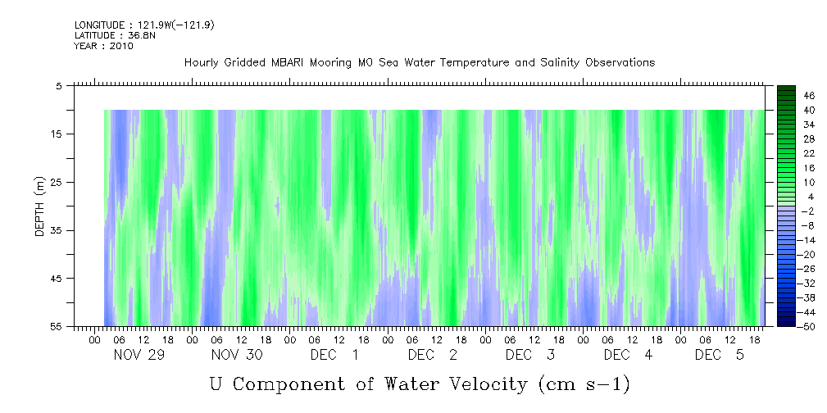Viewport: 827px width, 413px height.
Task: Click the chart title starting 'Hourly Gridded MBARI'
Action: (x=419, y=62)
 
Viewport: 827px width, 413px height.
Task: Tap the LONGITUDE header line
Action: (x=143, y=25)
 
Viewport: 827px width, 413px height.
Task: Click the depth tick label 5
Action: (x=59, y=85)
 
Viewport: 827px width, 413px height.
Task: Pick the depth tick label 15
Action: (x=57, y=134)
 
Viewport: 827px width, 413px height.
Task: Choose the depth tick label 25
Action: (x=57, y=182)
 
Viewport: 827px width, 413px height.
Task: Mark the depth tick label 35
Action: (x=57, y=230)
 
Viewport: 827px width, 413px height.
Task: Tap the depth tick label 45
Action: (x=57, y=279)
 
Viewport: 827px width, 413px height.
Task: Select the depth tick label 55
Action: (x=57, y=327)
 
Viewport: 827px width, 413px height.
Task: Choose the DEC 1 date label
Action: (x=334, y=355)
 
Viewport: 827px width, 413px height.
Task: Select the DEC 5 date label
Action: (x=720, y=355)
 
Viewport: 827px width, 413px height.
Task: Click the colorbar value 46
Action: (x=787, y=95)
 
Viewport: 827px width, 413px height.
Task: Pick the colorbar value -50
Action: (x=786, y=327)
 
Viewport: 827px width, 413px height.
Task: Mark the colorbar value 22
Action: (x=787, y=153)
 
